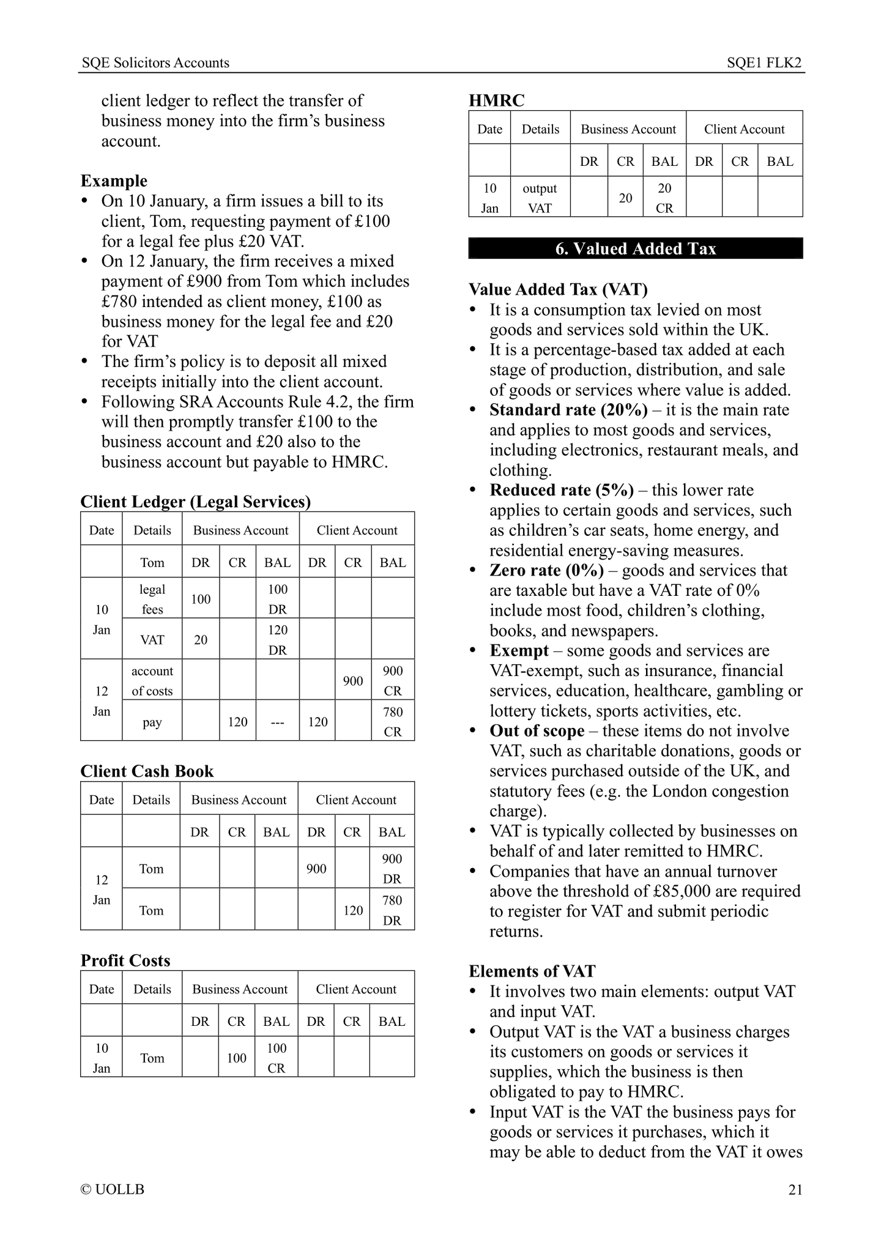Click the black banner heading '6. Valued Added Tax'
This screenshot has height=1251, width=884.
(x=635, y=249)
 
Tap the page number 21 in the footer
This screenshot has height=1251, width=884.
(x=795, y=1190)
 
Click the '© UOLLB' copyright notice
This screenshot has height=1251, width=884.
(x=113, y=1190)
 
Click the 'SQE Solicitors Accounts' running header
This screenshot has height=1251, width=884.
(x=155, y=62)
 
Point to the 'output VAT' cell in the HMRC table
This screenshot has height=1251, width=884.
(x=540, y=198)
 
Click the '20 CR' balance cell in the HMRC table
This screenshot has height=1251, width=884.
(x=664, y=198)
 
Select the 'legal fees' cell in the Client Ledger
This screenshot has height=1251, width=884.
(x=152, y=599)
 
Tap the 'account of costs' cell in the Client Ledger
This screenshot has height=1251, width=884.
(x=152, y=680)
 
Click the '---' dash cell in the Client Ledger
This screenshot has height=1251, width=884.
(x=277, y=722)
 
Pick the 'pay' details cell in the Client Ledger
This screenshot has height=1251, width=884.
(x=152, y=722)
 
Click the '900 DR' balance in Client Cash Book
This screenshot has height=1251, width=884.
(x=392, y=869)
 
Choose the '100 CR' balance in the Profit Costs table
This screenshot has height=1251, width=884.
(x=277, y=1058)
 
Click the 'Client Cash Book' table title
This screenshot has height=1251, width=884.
(x=147, y=771)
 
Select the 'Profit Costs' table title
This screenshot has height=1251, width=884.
(x=125, y=960)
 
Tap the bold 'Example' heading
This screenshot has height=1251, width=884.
(x=114, y=181)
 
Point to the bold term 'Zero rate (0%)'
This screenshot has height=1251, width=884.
(x=546, y=570)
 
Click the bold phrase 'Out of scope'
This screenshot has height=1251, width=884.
(x=537, y=731)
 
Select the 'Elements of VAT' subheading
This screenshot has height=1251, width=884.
(x=532, y=971)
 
